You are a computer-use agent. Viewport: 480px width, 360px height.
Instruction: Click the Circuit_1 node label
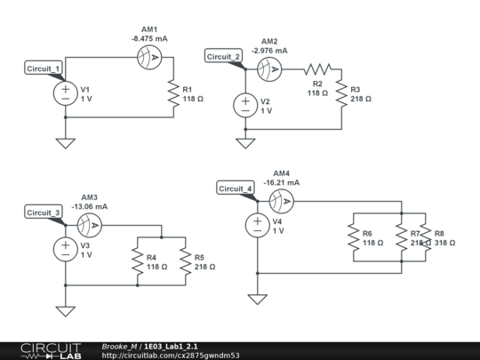click(x=44, y=68)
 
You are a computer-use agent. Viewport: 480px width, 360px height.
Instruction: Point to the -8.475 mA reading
click(x=149, y=38)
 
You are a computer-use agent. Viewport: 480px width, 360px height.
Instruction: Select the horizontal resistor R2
click(x=317, y=68)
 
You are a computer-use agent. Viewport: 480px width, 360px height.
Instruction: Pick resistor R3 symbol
click(x=341, y=94)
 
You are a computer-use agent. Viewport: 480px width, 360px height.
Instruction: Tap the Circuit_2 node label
click(x=224, y=57)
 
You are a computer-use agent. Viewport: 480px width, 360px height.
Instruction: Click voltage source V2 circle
click(x=246, y=105)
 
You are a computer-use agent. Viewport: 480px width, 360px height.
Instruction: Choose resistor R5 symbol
click(x=185, y=260)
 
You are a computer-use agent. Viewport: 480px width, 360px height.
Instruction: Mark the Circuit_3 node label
click(x=44, y=212)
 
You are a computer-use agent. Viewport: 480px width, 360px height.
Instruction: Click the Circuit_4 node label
click(x=236, y=188)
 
